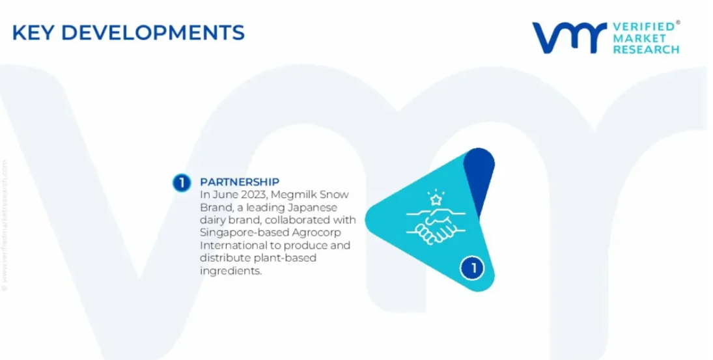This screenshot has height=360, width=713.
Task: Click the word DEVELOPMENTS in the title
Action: (x=153, y=33)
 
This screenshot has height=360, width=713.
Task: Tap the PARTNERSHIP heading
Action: (x=240, y=182)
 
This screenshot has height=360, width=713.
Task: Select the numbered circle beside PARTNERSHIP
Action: (x=182, y=183)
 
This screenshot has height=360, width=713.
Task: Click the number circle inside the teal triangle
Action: (x=473, y=268)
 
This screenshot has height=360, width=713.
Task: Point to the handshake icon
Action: (x=435, y=226)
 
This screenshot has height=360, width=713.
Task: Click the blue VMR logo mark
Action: (x=569, y=38)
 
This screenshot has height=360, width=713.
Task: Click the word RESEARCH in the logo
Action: (x=646, y=49)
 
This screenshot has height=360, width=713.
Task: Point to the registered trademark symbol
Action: (x=678, y=22)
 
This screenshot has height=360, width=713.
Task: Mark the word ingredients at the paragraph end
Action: (x=231, y=271)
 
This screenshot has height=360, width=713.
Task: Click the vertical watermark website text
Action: (x=5, y=225)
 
